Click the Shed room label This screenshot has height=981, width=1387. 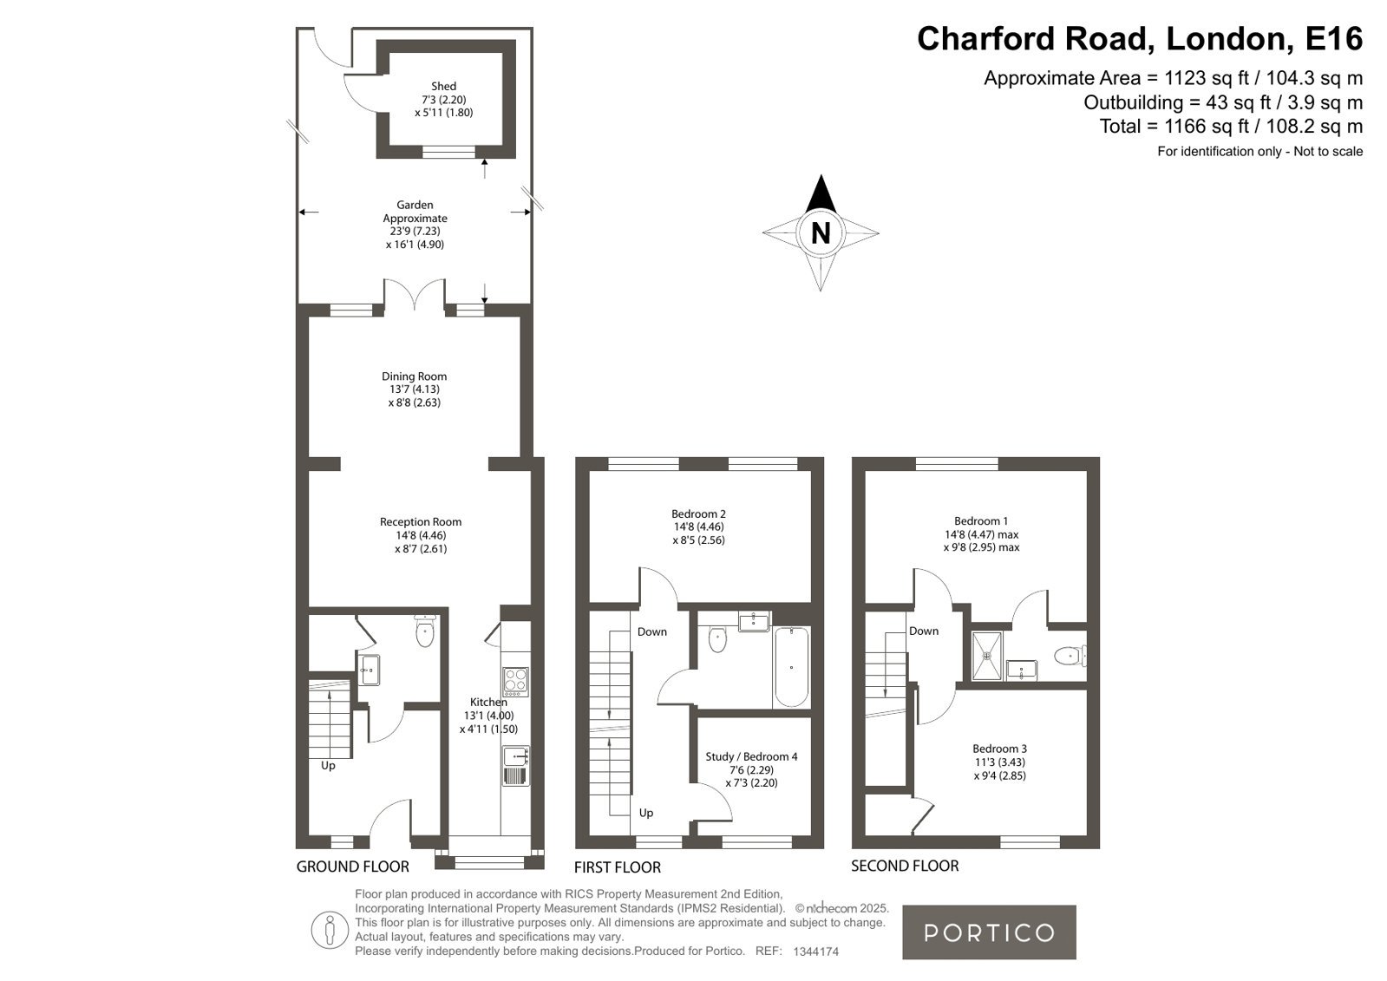444,86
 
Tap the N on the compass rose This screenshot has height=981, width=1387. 821,232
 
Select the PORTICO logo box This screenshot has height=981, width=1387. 989,932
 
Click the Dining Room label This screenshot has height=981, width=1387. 415,376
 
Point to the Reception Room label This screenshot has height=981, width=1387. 421,521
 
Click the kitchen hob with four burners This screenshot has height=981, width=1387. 515,681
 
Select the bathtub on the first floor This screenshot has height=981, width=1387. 791,667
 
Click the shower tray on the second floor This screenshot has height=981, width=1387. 987,655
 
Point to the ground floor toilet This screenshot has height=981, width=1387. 425,631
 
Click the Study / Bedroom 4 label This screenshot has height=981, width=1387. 752,756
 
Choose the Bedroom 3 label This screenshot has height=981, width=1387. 999,749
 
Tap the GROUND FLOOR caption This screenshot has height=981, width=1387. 353,867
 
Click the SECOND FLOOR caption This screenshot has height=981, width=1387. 905,866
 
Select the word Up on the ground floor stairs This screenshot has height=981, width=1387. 328,766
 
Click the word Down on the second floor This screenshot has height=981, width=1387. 924,631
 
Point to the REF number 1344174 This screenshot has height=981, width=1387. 815,952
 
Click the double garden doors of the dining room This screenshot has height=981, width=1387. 415,294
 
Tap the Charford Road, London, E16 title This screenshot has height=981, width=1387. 1139,38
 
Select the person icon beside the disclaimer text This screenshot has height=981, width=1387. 330,930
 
